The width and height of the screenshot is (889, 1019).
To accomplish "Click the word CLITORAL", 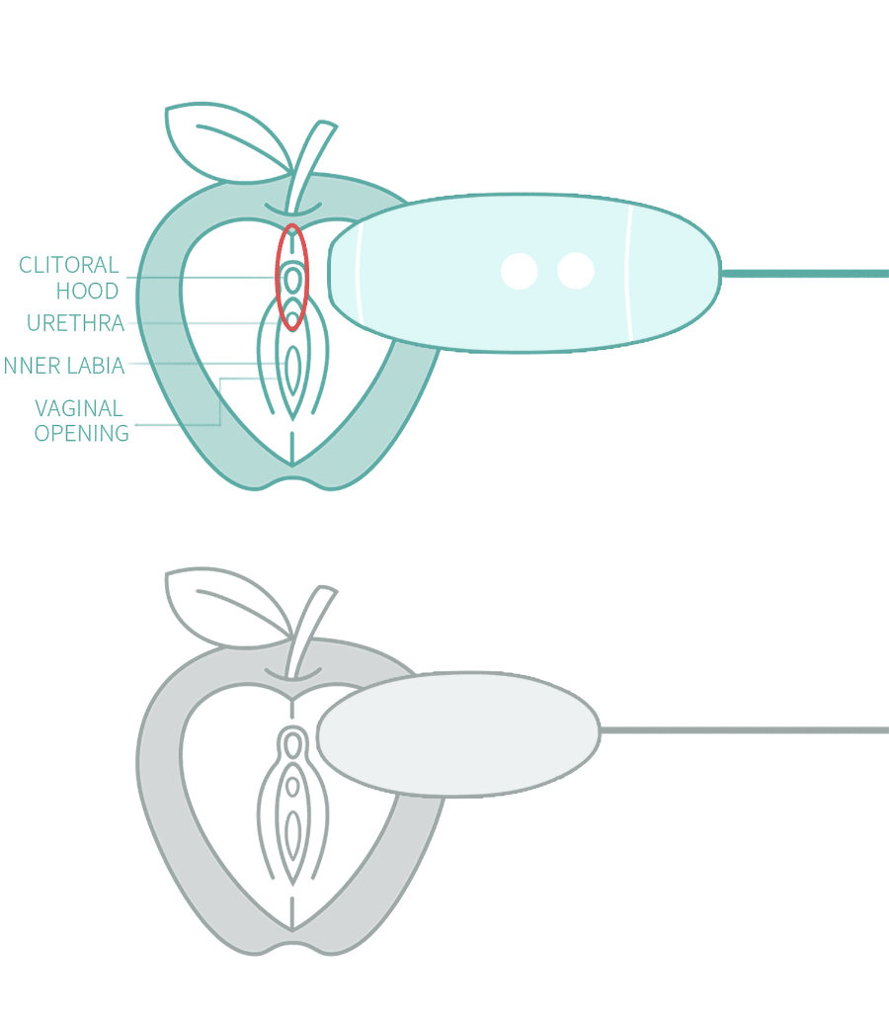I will tap(69, 265).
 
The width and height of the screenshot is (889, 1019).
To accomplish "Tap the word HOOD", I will tap(87, 291).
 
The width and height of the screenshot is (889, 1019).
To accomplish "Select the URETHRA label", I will tap(75, 323).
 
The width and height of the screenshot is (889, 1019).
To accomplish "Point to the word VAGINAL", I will tap(79, 408).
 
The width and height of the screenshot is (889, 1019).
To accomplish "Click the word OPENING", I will tap(82, 433).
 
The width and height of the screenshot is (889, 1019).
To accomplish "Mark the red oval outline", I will tap(279, 277).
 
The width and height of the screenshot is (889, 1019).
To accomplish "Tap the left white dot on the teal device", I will tap(519, 271).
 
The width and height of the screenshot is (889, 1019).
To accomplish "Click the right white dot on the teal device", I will tap(575, 271).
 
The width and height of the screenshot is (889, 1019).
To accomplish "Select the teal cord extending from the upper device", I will tap(805, 274).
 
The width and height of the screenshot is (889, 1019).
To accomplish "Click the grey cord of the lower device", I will tap(746, 730).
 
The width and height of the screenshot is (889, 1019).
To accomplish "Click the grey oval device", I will tap(458, 733).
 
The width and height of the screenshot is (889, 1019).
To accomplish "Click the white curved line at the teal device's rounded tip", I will tap(358, 273).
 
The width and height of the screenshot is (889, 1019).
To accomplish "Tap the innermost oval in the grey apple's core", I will tap(292, 833).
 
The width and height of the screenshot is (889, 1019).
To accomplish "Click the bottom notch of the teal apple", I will tap(292, 480).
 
